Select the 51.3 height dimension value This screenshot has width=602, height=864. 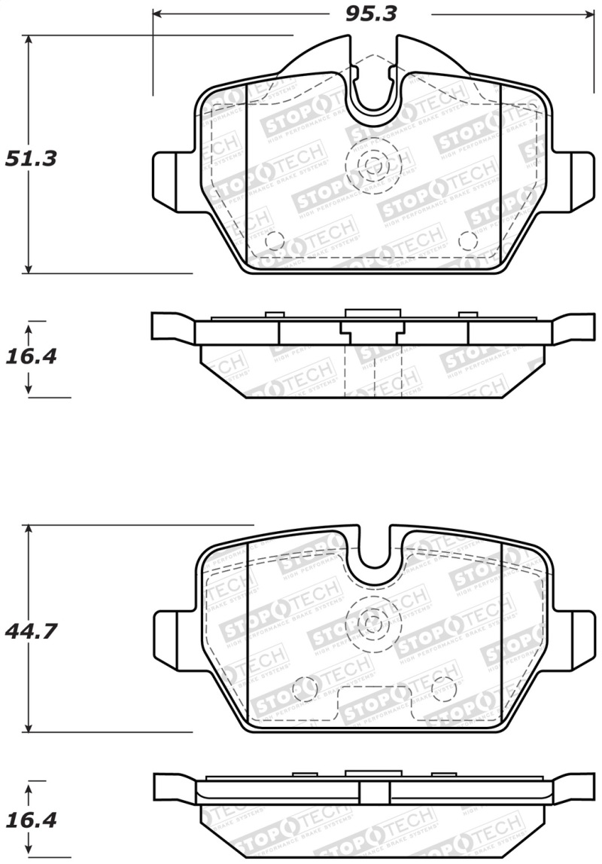click(x=32, y=159)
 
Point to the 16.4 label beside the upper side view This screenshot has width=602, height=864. click(x=31, y=356)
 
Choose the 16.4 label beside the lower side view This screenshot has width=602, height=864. click(x=31, y=820)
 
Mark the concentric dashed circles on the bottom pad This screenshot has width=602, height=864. click(x=370, y=622)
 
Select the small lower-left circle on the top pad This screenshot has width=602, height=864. click(x=275, y=240)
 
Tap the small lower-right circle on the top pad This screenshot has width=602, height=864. click(x=467, y=240)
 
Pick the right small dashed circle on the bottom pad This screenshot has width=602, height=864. click(x=443, y=686)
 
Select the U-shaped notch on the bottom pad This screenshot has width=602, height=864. click(x=374, y=554)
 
